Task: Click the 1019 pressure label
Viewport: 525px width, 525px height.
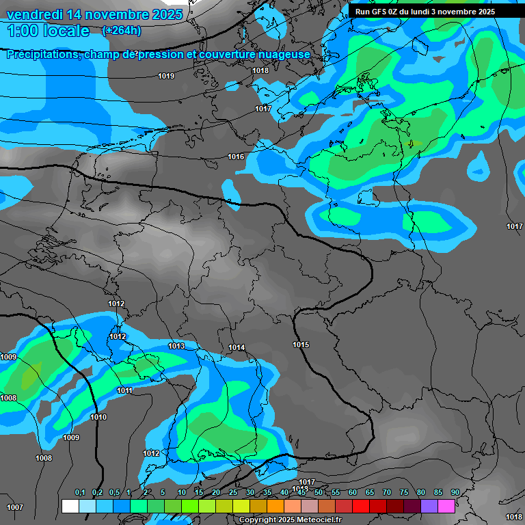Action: point(165,76)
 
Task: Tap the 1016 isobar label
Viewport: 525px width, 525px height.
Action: point(236,157)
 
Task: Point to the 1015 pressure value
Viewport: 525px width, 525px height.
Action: point(301,345)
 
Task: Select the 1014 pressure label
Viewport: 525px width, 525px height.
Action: point(237,348)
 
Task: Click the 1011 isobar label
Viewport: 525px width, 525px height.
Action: point(124,390)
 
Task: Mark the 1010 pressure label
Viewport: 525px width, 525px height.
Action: point(98,417)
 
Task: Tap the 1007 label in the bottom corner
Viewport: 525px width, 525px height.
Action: point(14,507)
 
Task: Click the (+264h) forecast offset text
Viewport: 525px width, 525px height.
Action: point(121,31)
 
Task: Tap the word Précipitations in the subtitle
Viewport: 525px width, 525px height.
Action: point(42,54)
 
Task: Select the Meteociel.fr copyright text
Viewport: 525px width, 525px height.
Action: point(290,520)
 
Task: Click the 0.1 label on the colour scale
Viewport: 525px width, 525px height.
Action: point(79,493)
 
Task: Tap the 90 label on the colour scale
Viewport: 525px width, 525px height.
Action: point(455,493)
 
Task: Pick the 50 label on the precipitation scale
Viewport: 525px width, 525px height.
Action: point(319,493)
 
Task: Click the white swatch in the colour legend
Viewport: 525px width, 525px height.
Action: point(70,506)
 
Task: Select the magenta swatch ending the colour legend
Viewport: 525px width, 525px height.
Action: point(446,506)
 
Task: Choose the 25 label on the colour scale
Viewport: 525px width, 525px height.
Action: point(233,493)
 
